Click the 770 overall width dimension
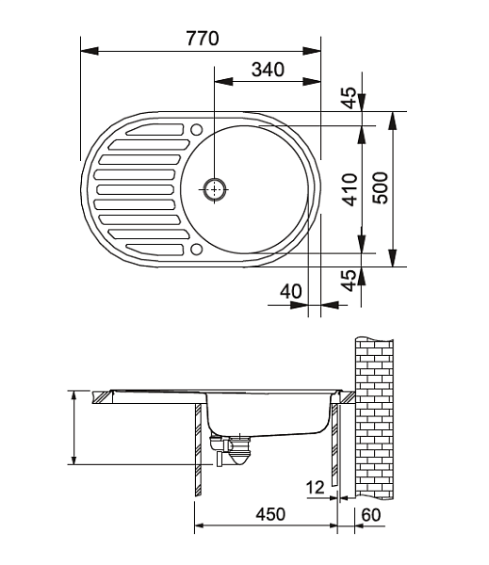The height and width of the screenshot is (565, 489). point(203,39)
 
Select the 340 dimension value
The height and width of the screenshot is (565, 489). point(268,70)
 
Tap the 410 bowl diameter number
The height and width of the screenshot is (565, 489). point(350,189)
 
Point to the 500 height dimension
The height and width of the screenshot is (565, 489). point(381,188)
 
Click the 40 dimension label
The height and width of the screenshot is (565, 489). point(290,291)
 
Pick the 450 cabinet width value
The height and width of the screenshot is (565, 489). point(270,514)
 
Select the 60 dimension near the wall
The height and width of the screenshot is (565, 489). point(371,515)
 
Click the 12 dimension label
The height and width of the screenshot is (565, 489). point(316,488)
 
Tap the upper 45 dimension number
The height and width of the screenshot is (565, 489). point(349,98)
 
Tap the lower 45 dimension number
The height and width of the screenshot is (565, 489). point(349,281)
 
